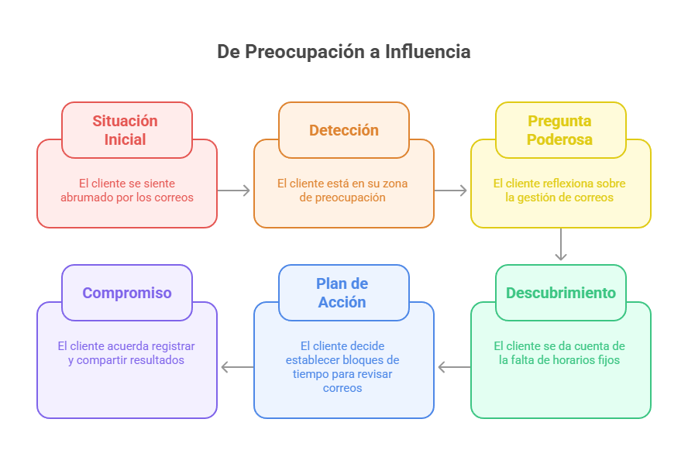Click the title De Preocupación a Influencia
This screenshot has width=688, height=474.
coord(344,52)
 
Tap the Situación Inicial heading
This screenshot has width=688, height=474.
coord(125,130)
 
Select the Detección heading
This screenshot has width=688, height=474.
coord(344,130)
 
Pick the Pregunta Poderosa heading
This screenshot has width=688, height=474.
coord(559,130)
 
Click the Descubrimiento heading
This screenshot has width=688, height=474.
coord(561,293)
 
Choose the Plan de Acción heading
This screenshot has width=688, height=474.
coord(342,293)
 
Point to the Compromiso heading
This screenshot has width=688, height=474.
coord(127,293)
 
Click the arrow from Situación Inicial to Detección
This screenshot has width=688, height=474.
coord(234,191)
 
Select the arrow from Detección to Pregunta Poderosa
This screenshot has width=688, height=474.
coord(451,191)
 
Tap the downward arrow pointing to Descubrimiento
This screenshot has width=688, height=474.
coord(561,244)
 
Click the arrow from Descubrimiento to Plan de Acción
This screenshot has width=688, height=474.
coord(455,367)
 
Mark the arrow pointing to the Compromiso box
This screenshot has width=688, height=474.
coord(237,367)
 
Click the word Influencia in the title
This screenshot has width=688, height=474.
coord(428,51)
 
